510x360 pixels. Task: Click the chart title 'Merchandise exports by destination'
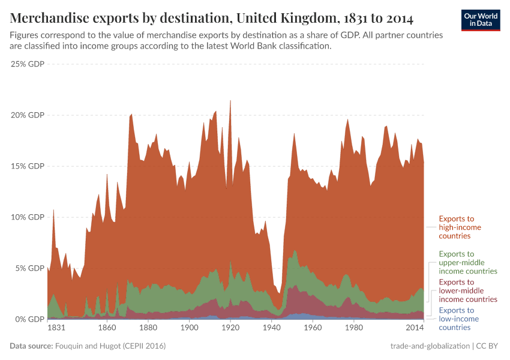click(211, 18)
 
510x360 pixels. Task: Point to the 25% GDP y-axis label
click(28, 64)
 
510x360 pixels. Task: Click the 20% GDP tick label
click(28, 115)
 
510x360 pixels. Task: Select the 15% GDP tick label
click(28, 166)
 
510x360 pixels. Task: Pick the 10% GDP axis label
click(28, 217)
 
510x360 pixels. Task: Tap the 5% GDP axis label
click(29, 268)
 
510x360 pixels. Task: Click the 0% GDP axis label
click(29, 319)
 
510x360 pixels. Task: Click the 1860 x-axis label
click(107, 329)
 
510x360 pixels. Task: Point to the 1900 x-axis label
click(189, 329)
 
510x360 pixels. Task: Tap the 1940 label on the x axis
click(271, 329)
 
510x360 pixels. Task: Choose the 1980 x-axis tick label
click(353, 329)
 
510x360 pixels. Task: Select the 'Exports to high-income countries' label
click(460, 227)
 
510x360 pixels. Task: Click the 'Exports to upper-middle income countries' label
click(468, 262)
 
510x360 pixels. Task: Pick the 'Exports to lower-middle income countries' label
click(468, 290)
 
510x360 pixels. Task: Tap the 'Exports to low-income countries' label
click(459, 319)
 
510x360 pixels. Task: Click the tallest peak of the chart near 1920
click(230, 101)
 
